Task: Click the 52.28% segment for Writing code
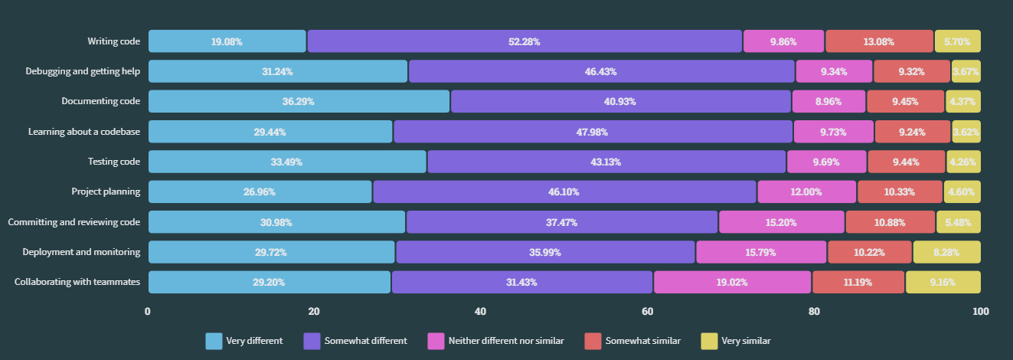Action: [x=524, y=41]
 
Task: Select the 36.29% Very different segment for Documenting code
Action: [x=299, y=101]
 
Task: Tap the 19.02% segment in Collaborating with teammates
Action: [x=732, y=282]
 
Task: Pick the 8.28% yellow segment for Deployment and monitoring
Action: [x=946, y=252]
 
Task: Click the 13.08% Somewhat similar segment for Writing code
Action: [x=879, y=41]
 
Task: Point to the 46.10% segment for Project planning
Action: [x=564, y=191]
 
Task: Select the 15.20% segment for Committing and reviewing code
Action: [x=781, y=222]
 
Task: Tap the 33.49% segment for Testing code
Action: [x=287, y=162]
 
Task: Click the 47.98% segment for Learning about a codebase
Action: [x=593, y=132]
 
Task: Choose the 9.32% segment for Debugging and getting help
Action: [x=911, y=71]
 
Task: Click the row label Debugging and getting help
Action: [x=83, y=71]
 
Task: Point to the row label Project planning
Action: [x=106, y=191]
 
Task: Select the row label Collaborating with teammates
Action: [x=77, y=282]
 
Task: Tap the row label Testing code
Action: [x=114, y=162]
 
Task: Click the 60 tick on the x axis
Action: [x=647, y=312]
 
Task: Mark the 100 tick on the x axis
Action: [x=980, y=312]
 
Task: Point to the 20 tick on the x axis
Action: [x=314, y=312]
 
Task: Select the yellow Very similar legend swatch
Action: [x=708, y=341]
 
